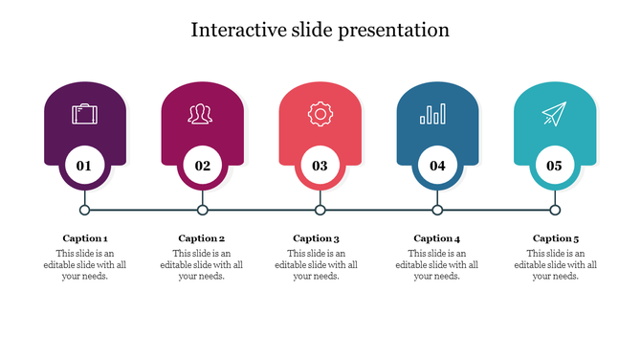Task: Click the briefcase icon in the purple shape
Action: pos(84,115)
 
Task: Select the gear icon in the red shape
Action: pos(320,115)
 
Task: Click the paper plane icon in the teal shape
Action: pos(554,115)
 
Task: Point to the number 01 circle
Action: pos(84,166)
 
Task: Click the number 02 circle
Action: pos(202,166)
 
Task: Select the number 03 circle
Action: pos(320,166)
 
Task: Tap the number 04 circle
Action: pos(437,166)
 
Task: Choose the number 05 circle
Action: pos(554,166)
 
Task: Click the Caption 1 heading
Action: pos(85,238)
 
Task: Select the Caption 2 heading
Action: pos(202,238)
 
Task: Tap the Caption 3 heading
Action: pos(317,238)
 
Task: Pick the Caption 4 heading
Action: pos(437,238)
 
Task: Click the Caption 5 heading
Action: pos(556,238)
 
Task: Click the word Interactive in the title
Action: pos(237,31)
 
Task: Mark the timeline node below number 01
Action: pos(84,210)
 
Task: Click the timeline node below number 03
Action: pos(320,210)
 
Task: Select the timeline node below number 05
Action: pos(555,210)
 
